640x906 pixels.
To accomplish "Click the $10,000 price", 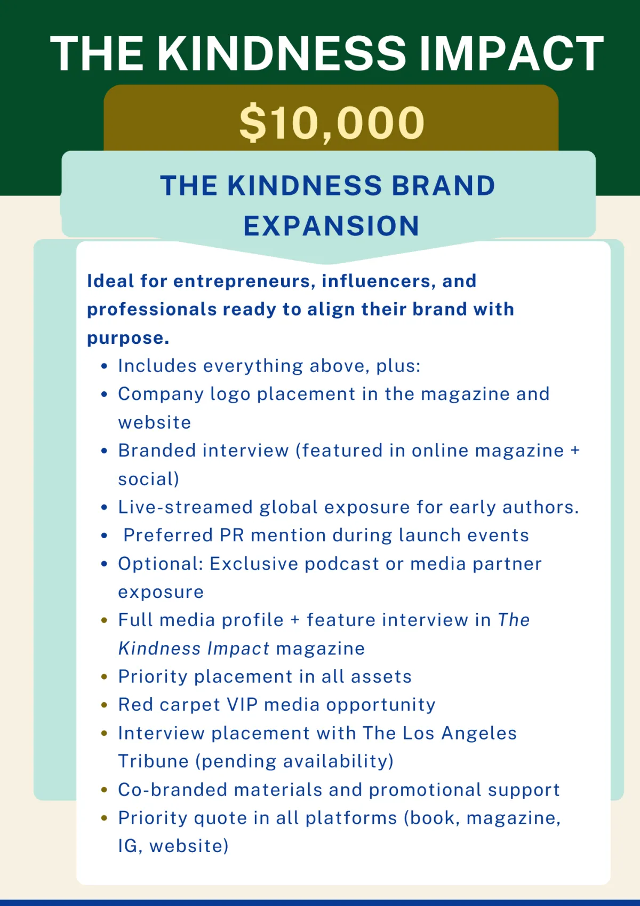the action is click(332, 123).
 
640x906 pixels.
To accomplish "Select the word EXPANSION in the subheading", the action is click(331, 226).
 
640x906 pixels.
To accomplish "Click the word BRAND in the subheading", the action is click(443, 186).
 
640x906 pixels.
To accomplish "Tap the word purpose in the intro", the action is click(128, 338).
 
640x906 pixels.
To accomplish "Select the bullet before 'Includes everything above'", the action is click(104, 366).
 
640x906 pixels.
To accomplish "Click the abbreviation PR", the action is click(232, 535).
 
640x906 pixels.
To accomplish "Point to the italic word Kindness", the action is click(159, 649).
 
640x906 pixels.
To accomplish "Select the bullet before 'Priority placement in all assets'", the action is click(104, 677).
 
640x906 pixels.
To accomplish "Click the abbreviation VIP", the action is click(243, 705).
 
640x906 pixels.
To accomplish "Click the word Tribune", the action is click(154, 762).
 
